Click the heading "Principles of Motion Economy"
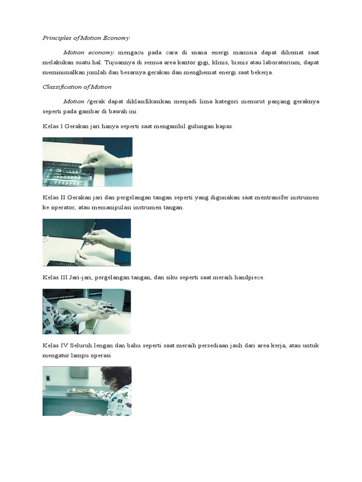[x=86, y=38]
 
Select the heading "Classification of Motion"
[x=77, y=87]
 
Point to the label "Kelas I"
[x=53, y=126]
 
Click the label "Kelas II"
[x=54, y=197]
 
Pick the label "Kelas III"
[x=55, y=277]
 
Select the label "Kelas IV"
[x=55, y=345]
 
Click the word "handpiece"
[x=249, y=277]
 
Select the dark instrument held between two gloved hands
[x=88, y=236]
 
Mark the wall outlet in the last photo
[x=48, y=378]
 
